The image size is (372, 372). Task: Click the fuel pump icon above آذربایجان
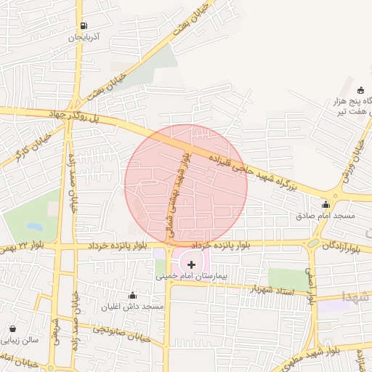[x=86, y=25]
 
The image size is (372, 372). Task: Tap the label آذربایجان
[x=85, y=36]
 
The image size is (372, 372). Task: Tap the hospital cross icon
[x=191, y=265]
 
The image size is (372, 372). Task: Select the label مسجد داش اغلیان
[x=132, y=306]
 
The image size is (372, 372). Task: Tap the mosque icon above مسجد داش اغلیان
[x=132, y=295]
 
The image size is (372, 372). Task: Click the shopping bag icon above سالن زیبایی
[x=14, y=328]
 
